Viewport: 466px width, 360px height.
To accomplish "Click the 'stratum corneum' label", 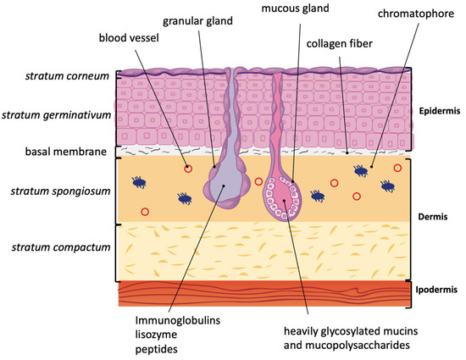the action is tap(67, 76).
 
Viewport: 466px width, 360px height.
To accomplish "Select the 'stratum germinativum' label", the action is tap(57, 115).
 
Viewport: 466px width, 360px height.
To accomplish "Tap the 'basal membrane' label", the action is tap(66, 152).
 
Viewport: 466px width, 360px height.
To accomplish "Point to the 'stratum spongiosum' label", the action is tap(61, 191).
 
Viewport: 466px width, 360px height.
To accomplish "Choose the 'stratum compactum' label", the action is tap(61, 247).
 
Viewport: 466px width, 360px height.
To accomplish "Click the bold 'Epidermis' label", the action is tap(440, 111).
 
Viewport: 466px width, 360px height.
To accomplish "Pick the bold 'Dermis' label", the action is tap(433, 217).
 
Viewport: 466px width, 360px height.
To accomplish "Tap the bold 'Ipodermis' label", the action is tap(436, 290).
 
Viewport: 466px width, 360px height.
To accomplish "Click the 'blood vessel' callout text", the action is tap(129, 38).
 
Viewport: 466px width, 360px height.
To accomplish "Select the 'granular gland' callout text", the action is tap(197, 21).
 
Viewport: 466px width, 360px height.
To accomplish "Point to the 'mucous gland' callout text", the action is tap(295, 8).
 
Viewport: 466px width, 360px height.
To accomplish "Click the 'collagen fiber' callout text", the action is tap(340, 44).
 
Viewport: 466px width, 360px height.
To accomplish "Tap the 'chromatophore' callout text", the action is tap(416, 14).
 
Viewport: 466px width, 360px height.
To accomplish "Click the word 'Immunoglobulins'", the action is tap(178, 320).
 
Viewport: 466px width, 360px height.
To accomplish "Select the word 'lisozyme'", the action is tap(156, 335).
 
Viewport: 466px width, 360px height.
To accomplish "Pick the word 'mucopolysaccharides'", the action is tap(358, 345).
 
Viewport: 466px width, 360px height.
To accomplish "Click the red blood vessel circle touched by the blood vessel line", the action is tap(188, 169).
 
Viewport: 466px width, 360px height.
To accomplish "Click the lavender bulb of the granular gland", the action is tap(225, 186).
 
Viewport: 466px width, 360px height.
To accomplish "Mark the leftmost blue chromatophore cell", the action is tap(139, 182).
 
